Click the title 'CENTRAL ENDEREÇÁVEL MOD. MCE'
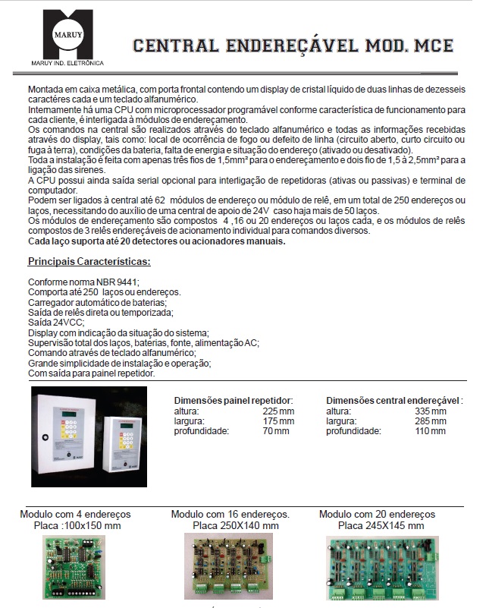coord(293,46)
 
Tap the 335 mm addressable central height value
coord(431,411)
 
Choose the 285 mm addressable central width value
coord(431,421)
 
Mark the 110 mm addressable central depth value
coord(431,430)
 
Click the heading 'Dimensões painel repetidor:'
coord(234,400)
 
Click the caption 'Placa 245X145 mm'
coord(381,525)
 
